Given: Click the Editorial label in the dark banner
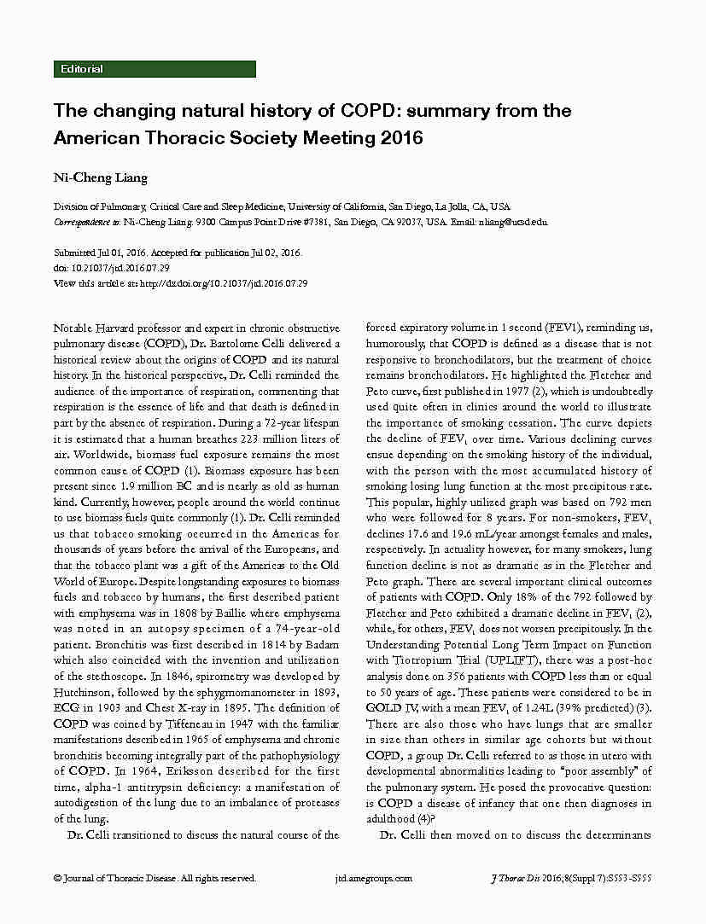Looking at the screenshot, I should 82,69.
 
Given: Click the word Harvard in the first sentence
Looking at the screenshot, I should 118,328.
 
